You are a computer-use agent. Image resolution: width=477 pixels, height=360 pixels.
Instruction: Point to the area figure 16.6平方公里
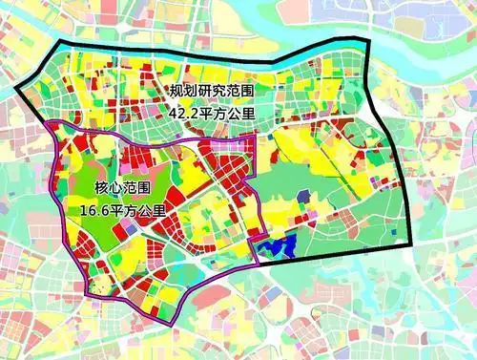[x=123, y=209]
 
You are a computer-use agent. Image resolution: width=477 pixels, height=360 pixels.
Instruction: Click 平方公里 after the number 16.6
[x=139, y=209]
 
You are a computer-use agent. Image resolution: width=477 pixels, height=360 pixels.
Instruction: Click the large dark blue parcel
[x=283, y=248]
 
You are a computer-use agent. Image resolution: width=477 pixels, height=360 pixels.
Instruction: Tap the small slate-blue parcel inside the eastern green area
[x=303, y=197]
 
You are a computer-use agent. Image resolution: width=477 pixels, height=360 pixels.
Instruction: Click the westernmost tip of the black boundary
[x=15, y=92]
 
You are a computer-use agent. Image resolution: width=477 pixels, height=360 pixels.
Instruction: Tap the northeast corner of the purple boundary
[x=255, y=136]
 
